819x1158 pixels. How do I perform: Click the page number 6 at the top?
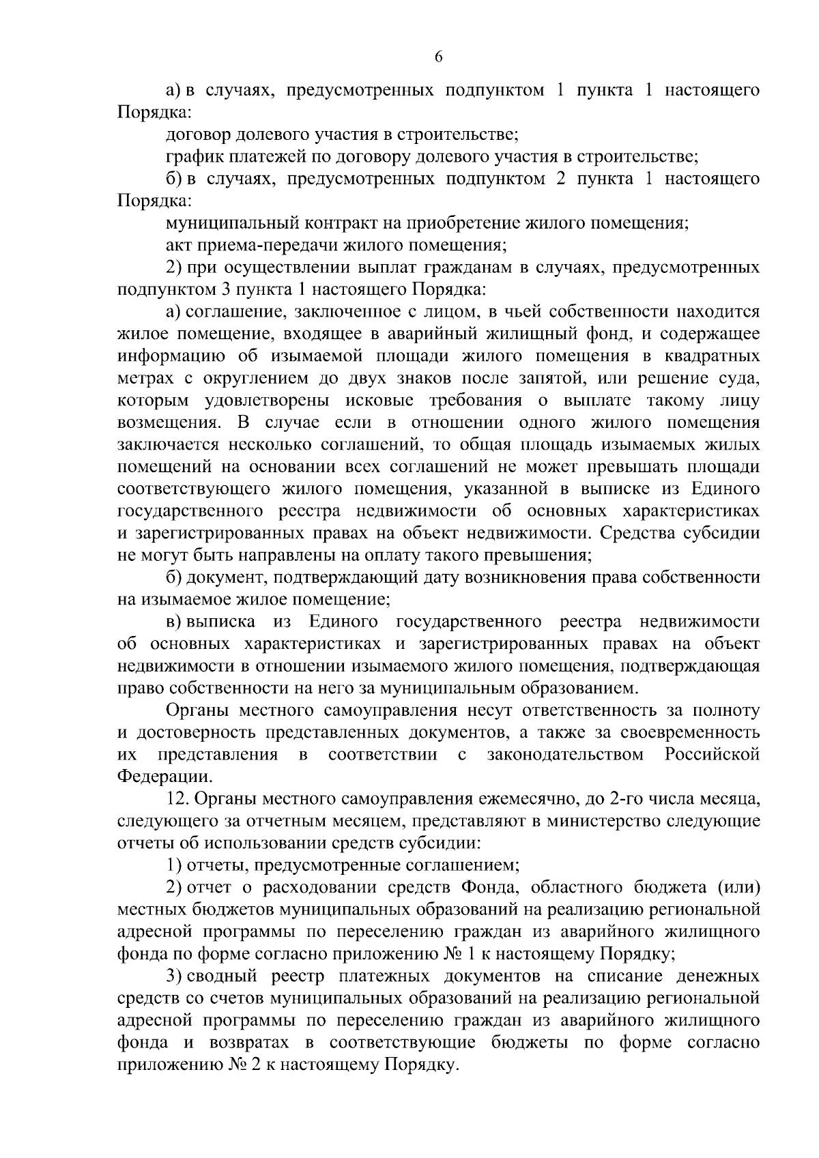(439, 58)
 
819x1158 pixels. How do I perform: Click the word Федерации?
(162, 776)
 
